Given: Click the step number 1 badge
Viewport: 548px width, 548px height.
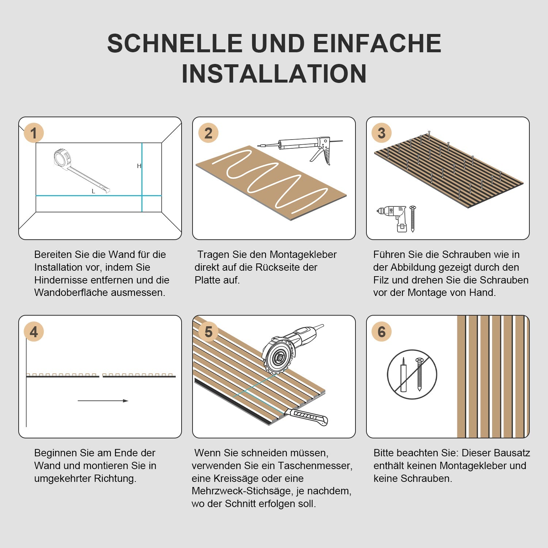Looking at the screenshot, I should click(x=34, y=133).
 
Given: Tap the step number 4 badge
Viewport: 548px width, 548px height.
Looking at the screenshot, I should click(x=34, y=332).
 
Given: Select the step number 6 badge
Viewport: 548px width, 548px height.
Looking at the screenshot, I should click(x=381, y=332).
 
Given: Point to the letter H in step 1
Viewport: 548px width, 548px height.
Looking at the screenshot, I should click(x=139, y=166).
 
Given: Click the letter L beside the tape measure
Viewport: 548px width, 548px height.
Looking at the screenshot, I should click(x=93, y=191).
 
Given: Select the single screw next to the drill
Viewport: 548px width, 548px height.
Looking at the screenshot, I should click(x=413, y=218).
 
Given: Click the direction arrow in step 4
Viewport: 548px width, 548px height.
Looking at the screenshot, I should click(x=103, y=401).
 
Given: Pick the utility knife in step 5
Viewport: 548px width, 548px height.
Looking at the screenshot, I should click(x=307, y=416).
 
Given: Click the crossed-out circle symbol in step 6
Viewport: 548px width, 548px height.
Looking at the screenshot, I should click(x=412, y=374).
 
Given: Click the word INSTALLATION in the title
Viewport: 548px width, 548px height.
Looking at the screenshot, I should click(x=274, y=74).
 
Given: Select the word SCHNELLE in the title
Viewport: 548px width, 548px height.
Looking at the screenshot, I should click(x=175, y=43).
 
